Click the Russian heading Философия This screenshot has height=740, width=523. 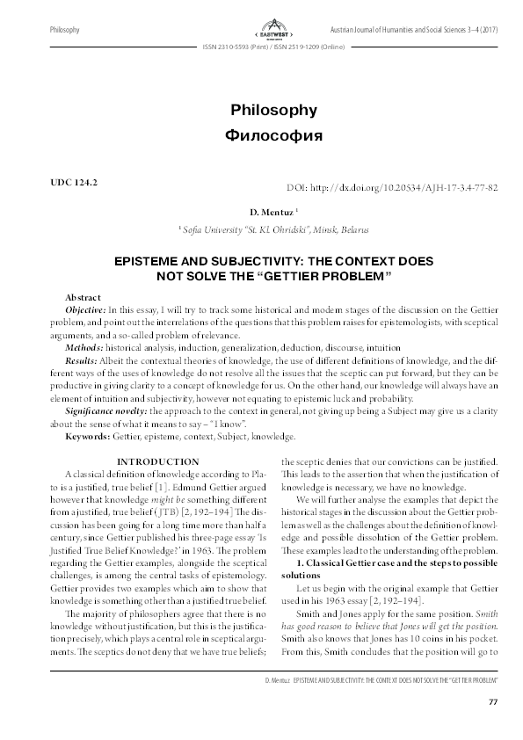click(x=261, y=137)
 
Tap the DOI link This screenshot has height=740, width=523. click(x=393, y=188)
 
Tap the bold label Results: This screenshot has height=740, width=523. click(x=83, y=360)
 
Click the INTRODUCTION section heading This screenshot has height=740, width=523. click(x=158, y=461)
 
